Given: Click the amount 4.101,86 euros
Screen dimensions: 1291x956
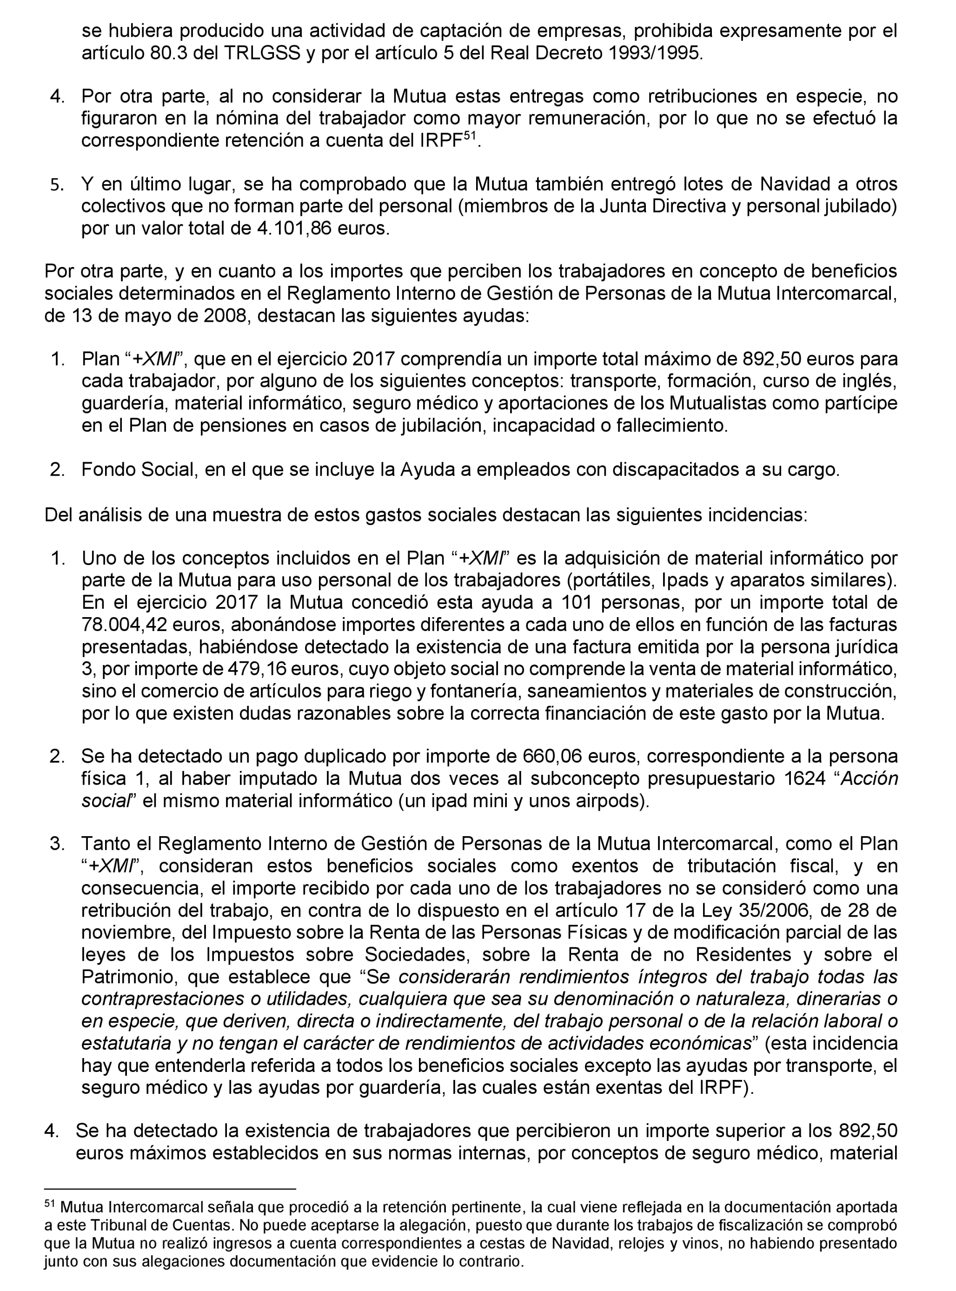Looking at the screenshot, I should coord(322,228).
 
